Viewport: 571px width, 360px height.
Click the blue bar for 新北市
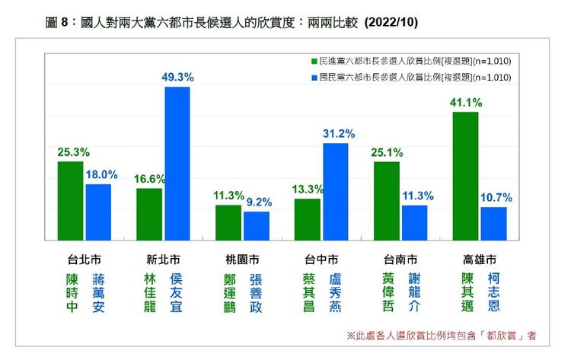177,163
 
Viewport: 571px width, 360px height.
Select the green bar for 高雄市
465,176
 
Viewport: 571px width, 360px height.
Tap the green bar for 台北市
71,200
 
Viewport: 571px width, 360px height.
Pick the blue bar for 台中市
335,191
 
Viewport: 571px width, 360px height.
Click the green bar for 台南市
387,200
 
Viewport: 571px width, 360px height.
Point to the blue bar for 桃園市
257,225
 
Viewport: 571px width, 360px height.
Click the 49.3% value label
178,77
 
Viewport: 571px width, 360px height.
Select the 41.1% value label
464,102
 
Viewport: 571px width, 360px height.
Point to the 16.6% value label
149,178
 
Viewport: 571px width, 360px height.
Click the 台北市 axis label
85,257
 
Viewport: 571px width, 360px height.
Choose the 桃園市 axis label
243,257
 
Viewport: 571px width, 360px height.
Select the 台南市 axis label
400,257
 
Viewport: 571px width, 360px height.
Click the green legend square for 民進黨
314,59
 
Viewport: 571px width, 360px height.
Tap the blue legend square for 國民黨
314,77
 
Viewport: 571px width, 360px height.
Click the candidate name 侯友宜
177,293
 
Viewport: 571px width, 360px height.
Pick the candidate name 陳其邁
467,293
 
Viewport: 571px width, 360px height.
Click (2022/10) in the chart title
391,24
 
